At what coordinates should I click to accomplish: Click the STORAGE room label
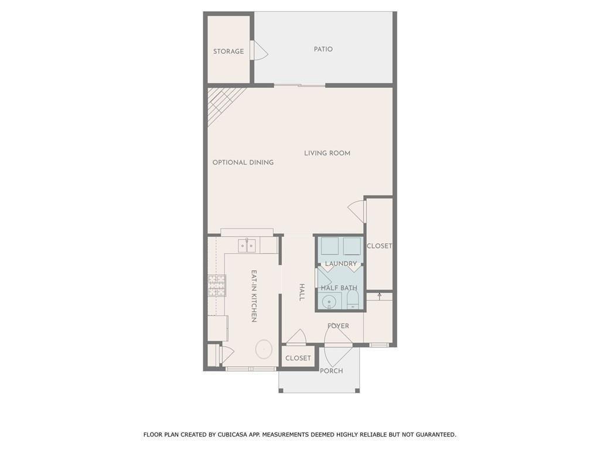(229, 52)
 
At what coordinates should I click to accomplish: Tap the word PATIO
(323, 49)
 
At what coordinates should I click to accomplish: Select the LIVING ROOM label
(327, 154)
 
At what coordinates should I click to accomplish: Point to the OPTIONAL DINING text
(243, 162)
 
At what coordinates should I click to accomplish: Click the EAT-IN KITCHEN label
(254, 296)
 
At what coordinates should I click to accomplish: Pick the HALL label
(302, 292)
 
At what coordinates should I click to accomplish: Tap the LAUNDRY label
(341, 264)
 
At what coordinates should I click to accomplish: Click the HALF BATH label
(339, 288)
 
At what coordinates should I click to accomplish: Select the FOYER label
(338, 326)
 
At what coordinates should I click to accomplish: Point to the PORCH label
(331, 371)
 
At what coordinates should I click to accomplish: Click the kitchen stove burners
(216, 285)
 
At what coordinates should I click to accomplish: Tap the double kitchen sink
(247, 245)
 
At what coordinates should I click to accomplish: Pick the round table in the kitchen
(264, 349)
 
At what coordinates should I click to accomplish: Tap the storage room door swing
(258, 51)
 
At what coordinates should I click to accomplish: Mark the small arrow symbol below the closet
(379, 296)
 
